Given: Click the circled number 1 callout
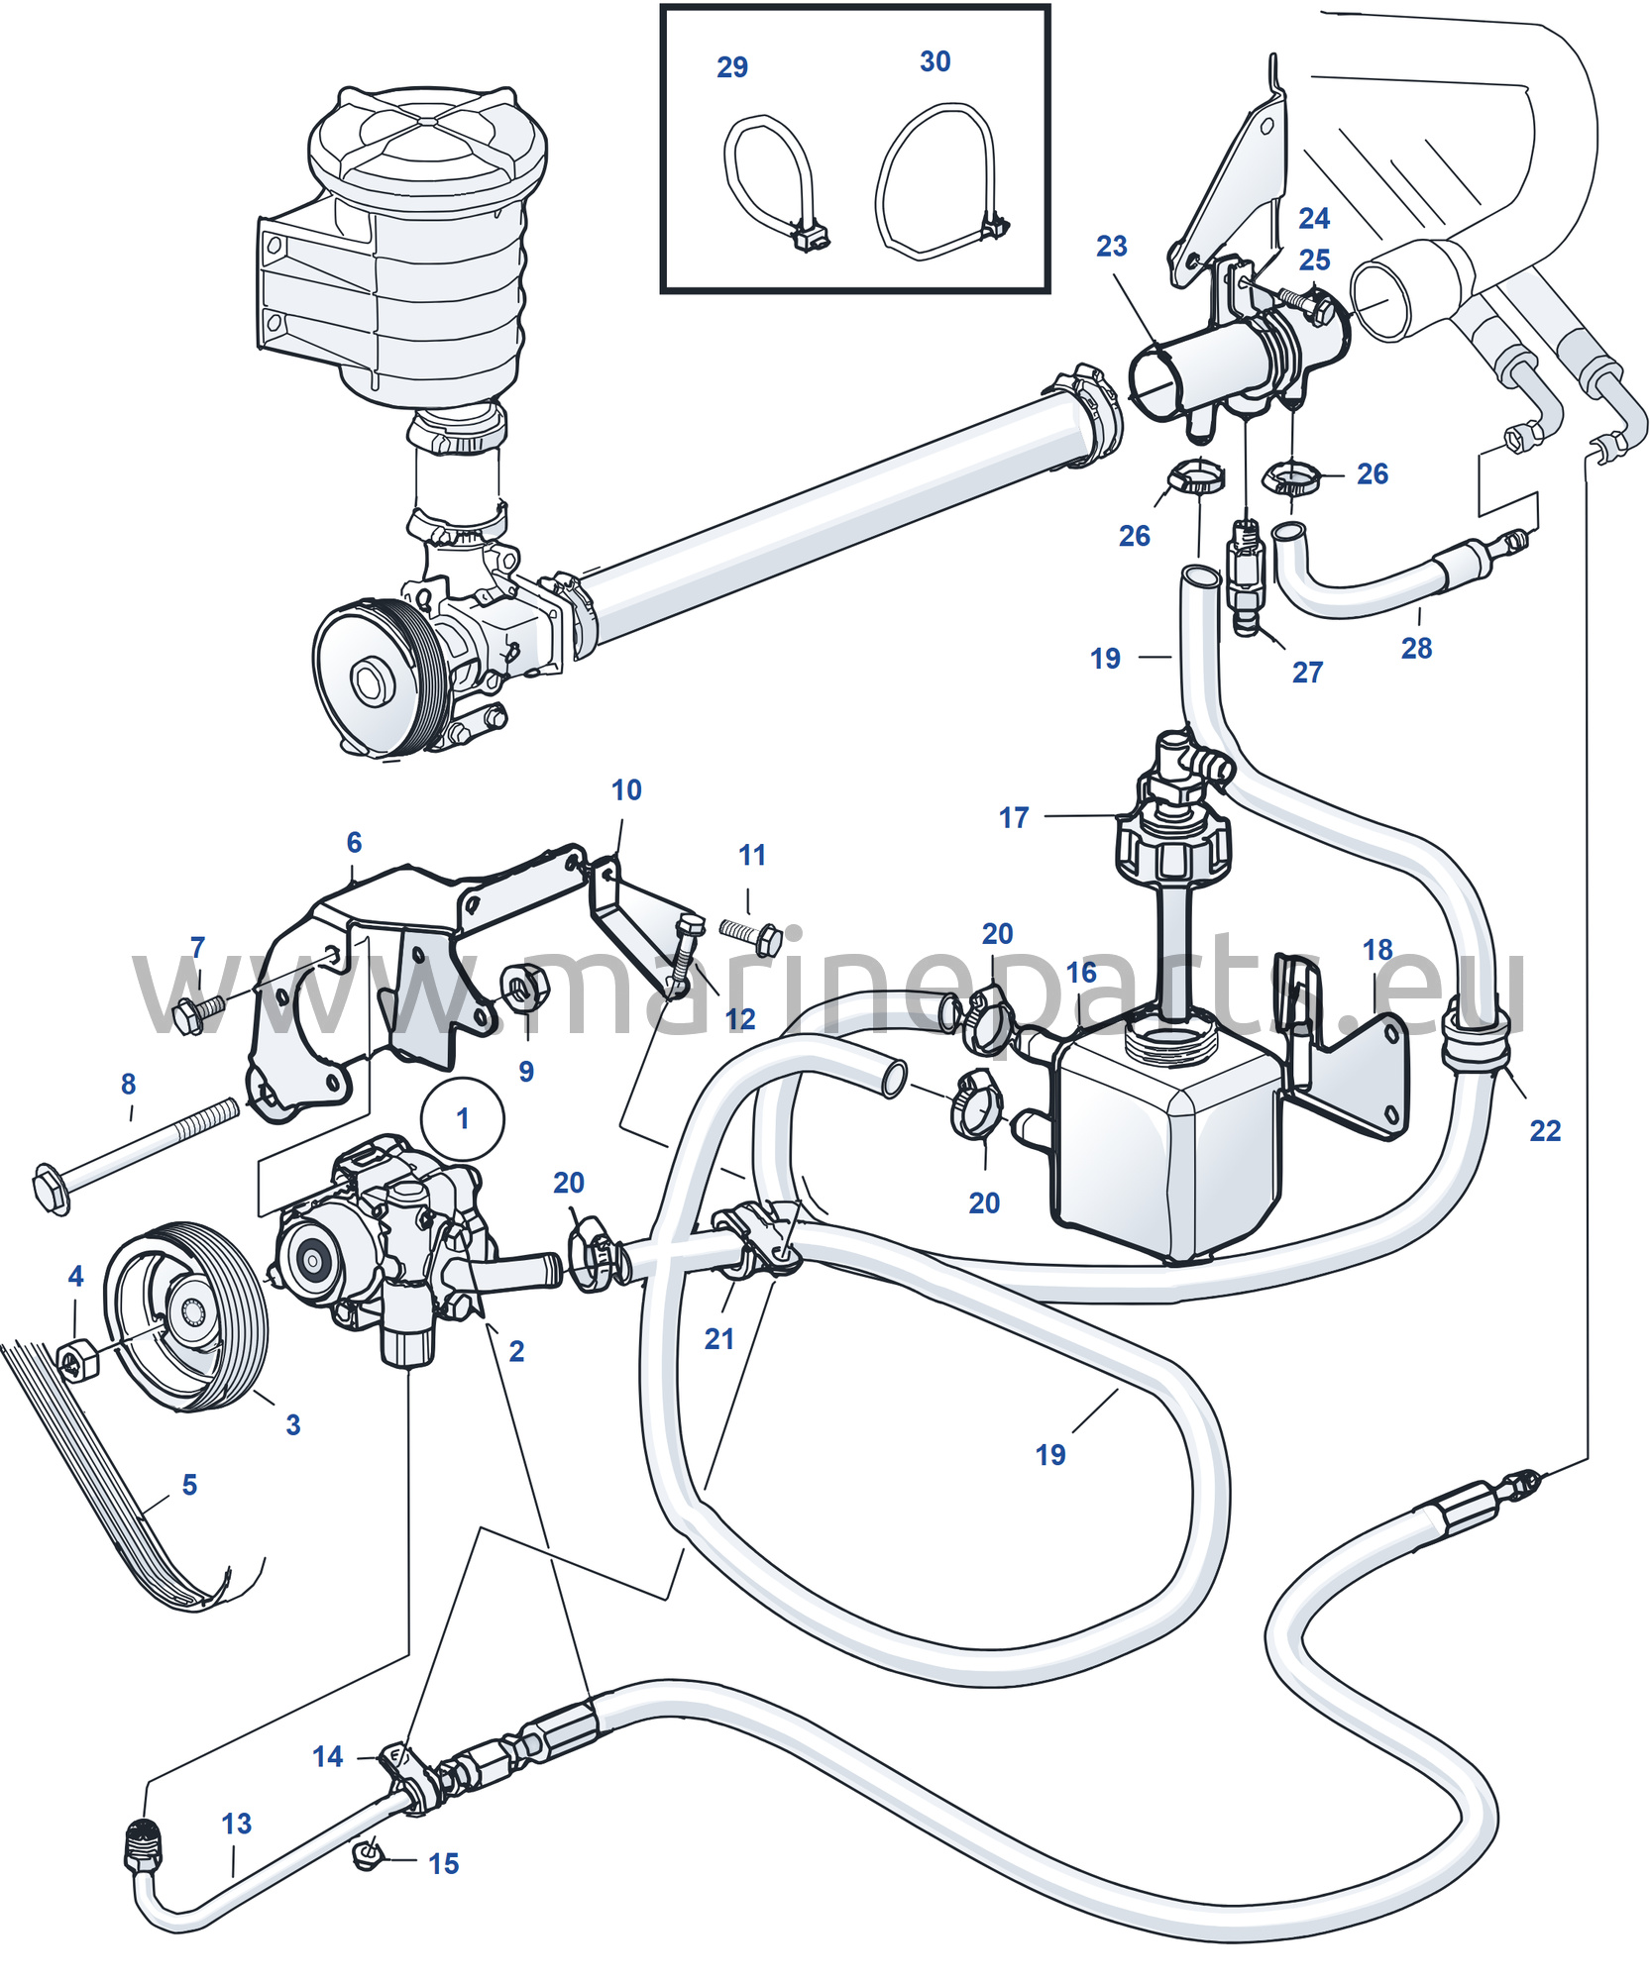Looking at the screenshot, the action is click(463, 1118).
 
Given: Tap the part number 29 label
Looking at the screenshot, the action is click(732, 67).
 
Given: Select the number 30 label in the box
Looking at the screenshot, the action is click(935, 61).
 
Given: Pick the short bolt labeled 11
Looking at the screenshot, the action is click(752, 935).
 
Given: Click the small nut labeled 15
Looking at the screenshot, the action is click(368, 1854).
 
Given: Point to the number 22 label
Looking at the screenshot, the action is click(1545, 1130).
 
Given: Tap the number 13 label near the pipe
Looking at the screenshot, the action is click(236, 1824).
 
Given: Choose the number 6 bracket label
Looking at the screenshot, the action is click(354, 842).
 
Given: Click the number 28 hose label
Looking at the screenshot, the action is click(1416, 648).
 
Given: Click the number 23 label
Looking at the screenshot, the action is click(1111, 246).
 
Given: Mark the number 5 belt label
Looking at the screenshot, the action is click(189, 1484).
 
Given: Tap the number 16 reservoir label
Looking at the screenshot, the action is click(1081, 972).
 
